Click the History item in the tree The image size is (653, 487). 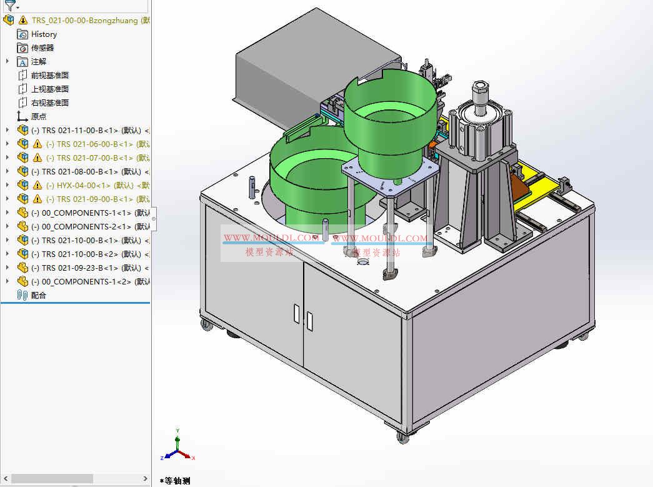click(x=44, y=34)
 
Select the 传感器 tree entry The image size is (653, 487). click(x=42, y=48)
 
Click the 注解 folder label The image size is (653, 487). click(x=39, y=62)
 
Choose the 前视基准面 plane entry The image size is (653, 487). click(x=50, y=76)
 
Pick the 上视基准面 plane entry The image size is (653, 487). click(x=50, y=89)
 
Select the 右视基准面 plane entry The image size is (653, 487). click(x=50, y=103)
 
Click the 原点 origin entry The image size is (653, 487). click(x=39, y=117)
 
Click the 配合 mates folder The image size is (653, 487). click(x=39, y=296)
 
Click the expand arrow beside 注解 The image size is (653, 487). click(x=7, y=61)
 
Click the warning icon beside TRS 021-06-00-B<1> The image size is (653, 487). click(x=37, y=144)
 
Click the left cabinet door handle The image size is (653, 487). click(x=296, y=313)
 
